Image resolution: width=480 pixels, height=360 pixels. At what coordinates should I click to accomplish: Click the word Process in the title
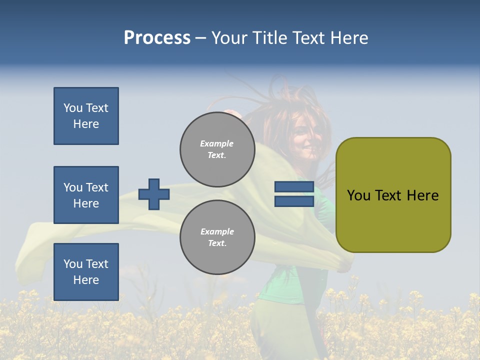pos(157,38)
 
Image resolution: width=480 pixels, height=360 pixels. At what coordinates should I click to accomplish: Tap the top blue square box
pos(86,116)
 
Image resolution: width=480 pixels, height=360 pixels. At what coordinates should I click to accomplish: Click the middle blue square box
pos(86,195)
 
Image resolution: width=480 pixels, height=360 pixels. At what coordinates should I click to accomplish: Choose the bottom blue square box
pos(86,271)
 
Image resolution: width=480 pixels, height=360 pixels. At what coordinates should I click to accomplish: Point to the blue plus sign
pos(154,194)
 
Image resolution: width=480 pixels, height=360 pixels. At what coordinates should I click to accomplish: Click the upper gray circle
pos(217,149)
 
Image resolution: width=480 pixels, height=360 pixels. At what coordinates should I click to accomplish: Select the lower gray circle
pos(217,237)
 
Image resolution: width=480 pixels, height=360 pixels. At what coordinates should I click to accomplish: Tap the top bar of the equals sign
pos(294,187)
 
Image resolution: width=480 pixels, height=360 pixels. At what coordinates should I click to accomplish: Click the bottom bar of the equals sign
pos(294,201)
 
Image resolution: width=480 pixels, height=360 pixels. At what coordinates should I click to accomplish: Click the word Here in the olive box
pos(422,195)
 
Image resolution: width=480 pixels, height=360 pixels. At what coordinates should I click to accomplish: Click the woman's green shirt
pos(285,285)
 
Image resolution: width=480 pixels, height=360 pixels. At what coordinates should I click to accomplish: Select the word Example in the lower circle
pos(217,231)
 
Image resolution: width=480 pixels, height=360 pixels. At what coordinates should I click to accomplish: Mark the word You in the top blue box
pos(72,108)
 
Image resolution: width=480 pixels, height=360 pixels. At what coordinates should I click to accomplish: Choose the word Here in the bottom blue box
pos(86,280)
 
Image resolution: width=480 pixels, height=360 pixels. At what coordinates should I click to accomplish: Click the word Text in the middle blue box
pos(97,187)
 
